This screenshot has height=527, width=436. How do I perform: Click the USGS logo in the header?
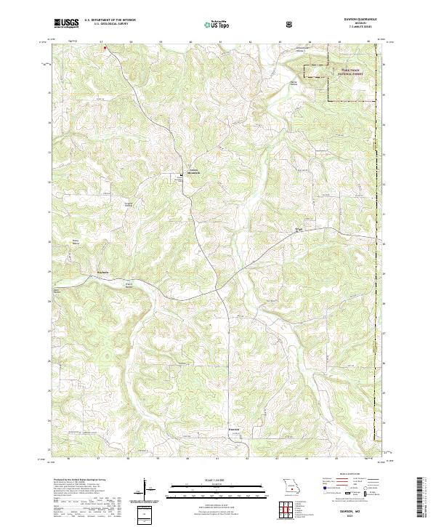click(x=66, y=23)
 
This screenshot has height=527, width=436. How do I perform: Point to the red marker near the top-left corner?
click(x=105, y=49)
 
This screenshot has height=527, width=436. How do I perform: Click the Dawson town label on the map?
click(x=224, y=430)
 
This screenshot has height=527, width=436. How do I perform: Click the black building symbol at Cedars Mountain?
click(x=182, y=174)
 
